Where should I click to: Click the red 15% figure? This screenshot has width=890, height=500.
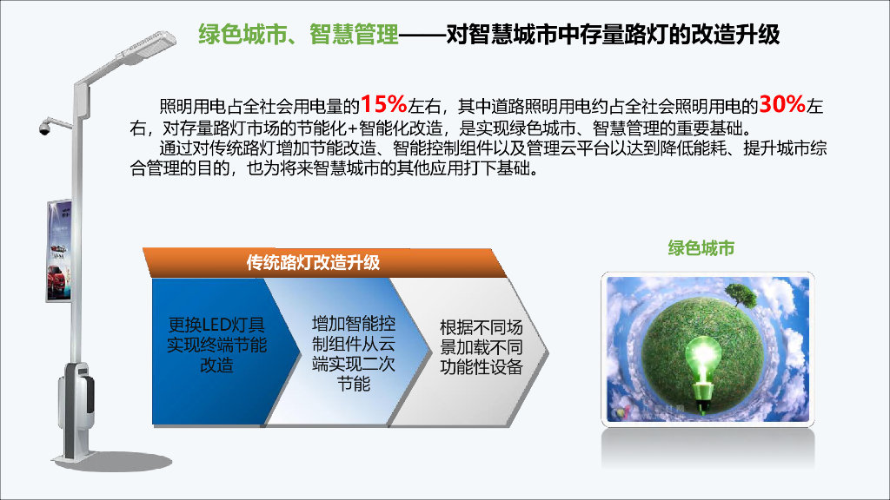(384, 105)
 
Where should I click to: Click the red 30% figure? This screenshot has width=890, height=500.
(782, 105)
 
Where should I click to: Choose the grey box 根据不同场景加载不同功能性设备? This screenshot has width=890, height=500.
(481, 347)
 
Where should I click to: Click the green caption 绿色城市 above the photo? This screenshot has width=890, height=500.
(701, 248)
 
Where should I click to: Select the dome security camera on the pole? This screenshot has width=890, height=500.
(43, 129)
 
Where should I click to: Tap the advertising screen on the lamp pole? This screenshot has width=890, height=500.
(59, 251)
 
